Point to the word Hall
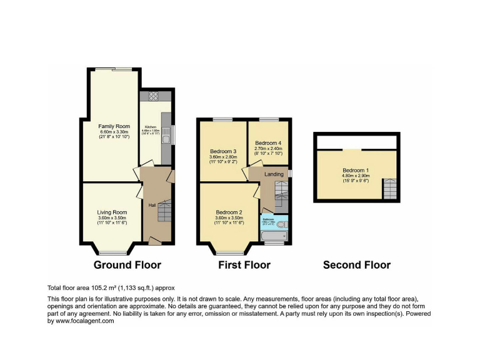click(151, 205)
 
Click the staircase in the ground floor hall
click(164, 212)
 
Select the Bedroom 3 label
click(223, 152)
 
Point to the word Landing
click(274, 174)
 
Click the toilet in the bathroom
click(281, 224)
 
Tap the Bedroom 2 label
click(229, 212)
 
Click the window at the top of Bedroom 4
click(269, 119)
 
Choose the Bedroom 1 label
click(356, 170)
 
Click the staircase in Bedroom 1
click(389, 189)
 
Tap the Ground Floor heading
click(127, 265)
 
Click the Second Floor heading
click(356, 265)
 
